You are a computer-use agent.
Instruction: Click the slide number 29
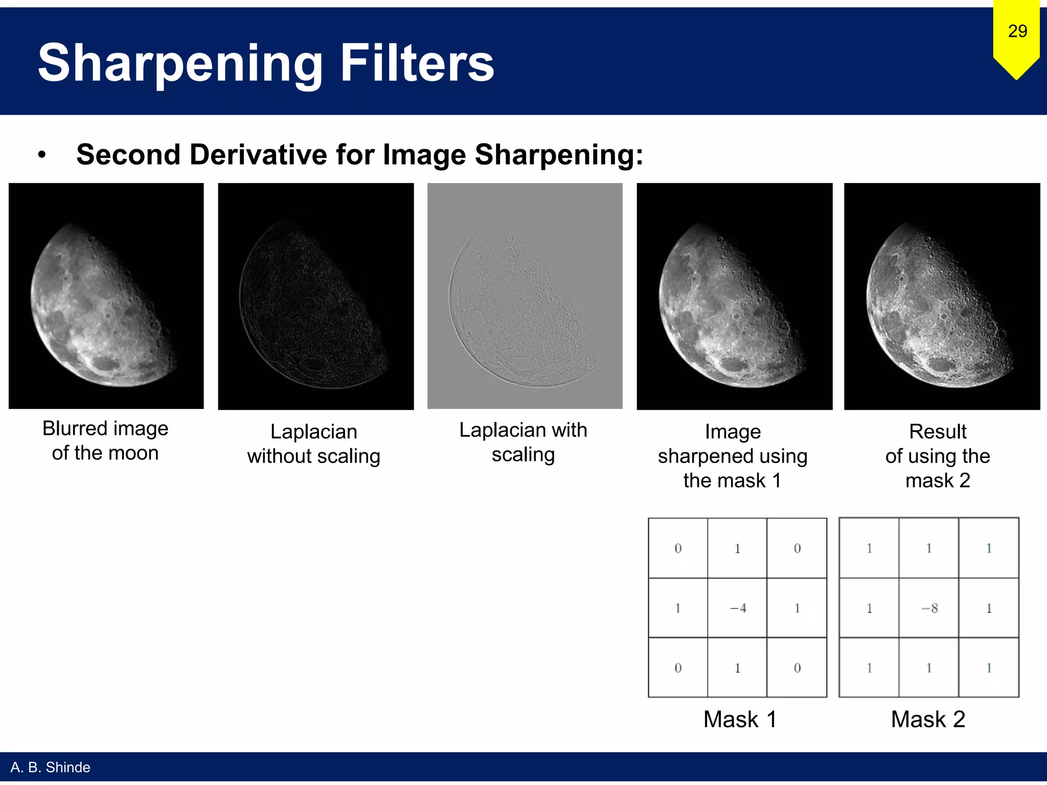pos(1017,32)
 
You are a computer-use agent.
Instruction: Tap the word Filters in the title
pos(417,63)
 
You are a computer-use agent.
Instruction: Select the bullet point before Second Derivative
pos(42,155)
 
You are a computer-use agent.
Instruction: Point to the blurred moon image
pos(106,296)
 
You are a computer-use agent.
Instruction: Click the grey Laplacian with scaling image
pos(525,296)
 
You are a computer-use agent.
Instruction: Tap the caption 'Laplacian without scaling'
pos(313,444)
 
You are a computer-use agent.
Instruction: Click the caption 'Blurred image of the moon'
pos(105,441)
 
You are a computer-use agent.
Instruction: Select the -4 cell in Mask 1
pos(737,608)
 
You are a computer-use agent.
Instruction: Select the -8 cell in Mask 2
pos(929,608)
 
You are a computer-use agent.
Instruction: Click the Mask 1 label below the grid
pos(740,719)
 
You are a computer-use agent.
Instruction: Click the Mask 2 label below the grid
pos(928,719)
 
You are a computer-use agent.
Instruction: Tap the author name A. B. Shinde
pos(50,767)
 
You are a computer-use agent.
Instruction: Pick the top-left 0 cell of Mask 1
pos(678,548)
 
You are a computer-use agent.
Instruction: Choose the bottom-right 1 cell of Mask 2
pos(989,667)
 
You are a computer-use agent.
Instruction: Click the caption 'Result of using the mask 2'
pos(938,456)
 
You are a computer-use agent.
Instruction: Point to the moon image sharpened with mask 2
pos(942,296)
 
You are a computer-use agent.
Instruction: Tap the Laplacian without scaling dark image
pos(315,296)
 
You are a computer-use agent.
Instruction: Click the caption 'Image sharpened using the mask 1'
pos(732,456)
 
